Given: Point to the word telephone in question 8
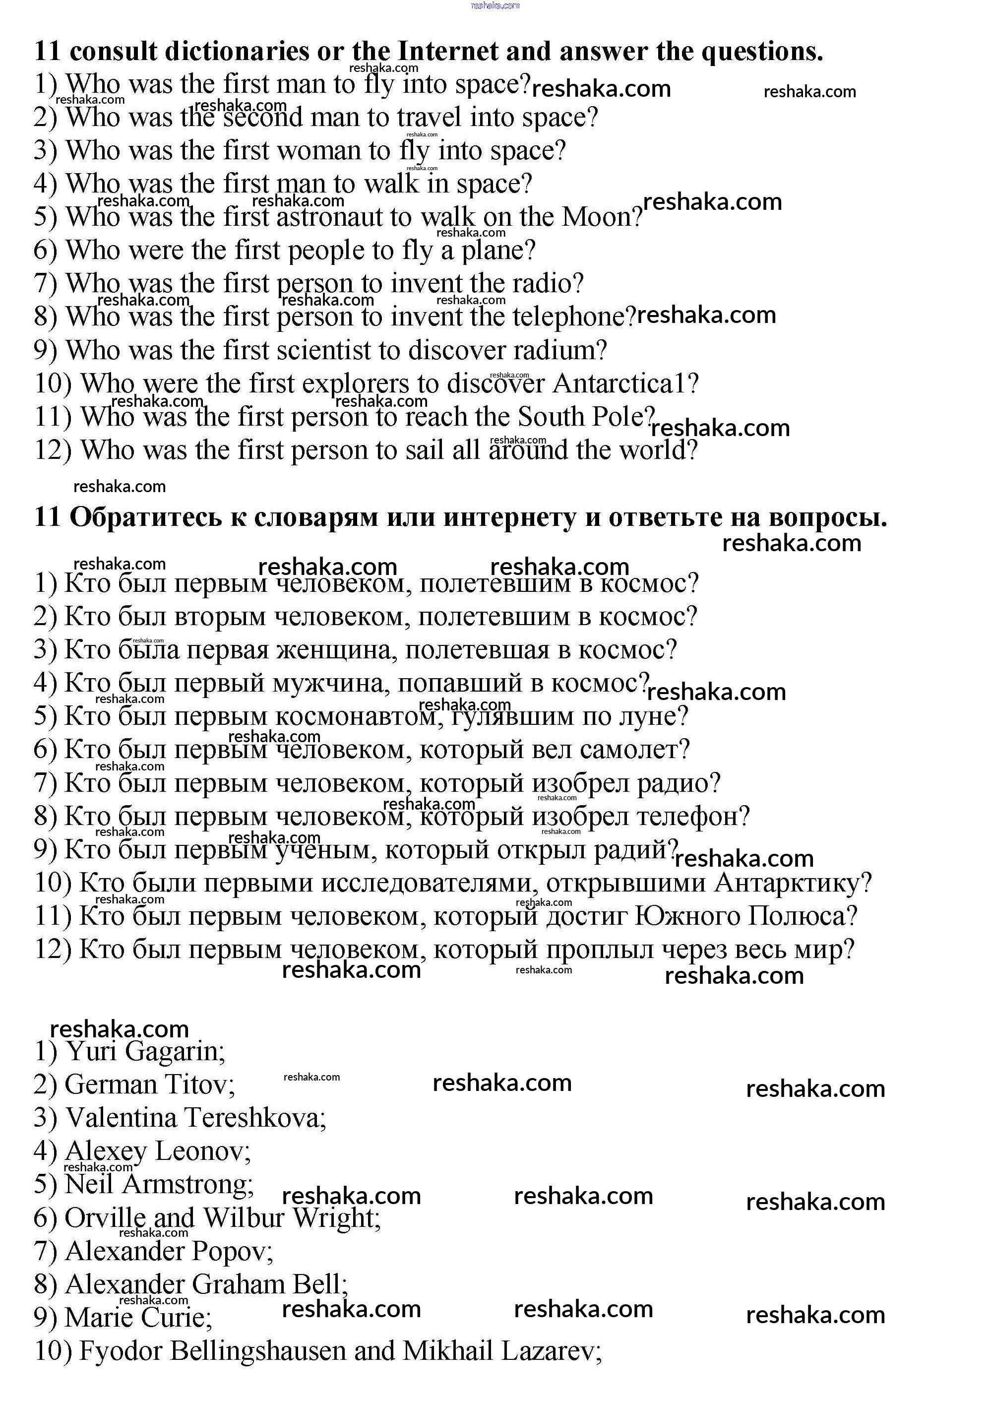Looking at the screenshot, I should (x=569, y=317).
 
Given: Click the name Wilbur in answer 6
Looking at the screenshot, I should (x=244, y=1218).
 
